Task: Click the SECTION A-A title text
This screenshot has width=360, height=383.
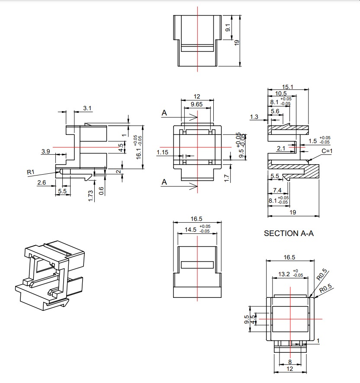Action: (289, 233)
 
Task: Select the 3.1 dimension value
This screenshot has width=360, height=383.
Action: (87, 109)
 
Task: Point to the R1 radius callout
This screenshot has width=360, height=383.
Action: (30, 172)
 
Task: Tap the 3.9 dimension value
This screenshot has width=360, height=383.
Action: (46, 151)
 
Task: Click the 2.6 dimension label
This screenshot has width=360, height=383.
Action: (42, 183)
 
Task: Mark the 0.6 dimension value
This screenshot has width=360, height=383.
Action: (101, 191)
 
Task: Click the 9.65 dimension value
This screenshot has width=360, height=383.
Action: (197, 104)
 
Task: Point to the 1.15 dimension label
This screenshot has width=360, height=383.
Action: (163, 152)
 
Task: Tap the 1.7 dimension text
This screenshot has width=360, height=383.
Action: (227, 178)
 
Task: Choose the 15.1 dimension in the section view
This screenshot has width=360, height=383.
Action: (288, 87)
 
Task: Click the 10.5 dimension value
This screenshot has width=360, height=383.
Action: (280, 93)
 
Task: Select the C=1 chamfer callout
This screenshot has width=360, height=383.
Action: (327, 151)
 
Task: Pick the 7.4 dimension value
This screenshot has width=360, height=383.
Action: (277, 190)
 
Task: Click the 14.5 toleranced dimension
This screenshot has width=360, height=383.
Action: (191, 230)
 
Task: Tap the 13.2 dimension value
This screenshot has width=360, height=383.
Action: (284, 274)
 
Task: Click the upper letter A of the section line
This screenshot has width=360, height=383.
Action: (164, 113)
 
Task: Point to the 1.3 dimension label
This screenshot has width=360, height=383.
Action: (254, 117)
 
